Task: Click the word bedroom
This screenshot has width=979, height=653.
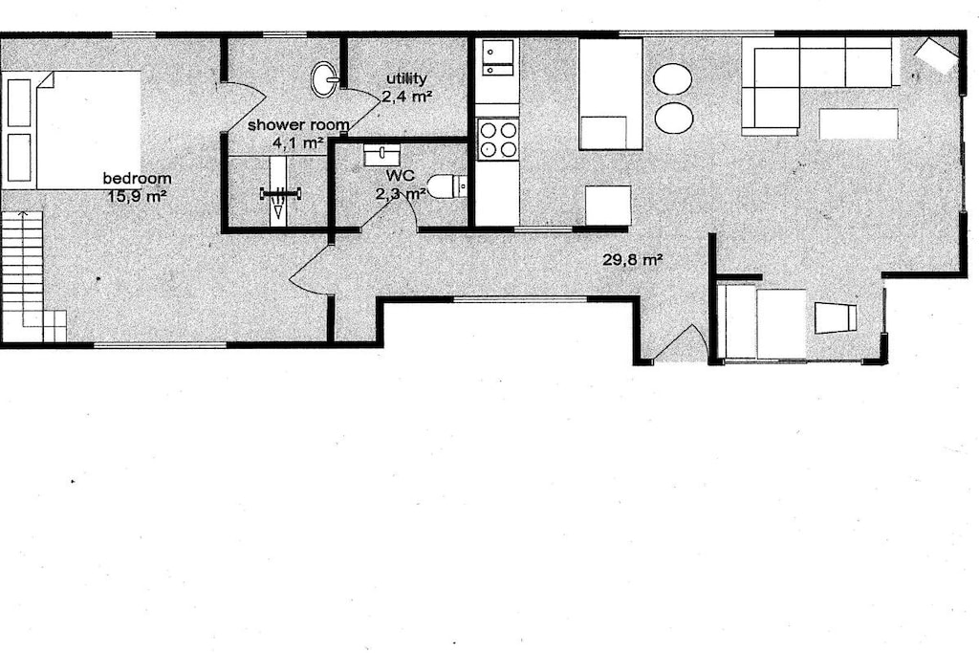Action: pyautogui.click(x=137, y=179)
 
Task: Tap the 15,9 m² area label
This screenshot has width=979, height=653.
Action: pyautogui.click(x=138, y=196)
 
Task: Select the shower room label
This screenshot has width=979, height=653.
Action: pyautogui.click(x=298, y=125)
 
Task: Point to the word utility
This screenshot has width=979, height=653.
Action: pyautogui.click(x=406, y=78)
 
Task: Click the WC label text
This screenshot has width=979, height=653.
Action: pyautogui.click(x=401, y=175)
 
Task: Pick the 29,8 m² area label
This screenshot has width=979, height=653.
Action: pyautogui.click(x=633, y=259)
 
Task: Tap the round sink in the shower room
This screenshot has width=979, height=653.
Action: pyautogui.click(x=325, y=79)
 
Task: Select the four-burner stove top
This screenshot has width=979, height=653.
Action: pyautogui.click(x=497, y=140)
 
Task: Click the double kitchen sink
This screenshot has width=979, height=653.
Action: pyautogui.click(x=497, y=57)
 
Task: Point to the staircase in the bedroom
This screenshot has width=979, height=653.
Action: pyautogui.click(x=33, y=276)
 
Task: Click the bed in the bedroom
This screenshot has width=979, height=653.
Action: pyautogui.click(x=71, y=130)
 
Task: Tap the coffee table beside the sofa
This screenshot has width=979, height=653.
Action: pyautogui.click(x=858, y=123)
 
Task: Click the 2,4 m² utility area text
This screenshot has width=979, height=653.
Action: pyautogui.click(x=407, y=97)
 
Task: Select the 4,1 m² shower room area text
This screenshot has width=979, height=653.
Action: pyautogui.click(x=298, y=142)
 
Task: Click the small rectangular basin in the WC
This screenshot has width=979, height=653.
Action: pyautogui.click(x=382, y=154)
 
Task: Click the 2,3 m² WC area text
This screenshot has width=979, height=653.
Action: pyautogui.click(x=401, y=193)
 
